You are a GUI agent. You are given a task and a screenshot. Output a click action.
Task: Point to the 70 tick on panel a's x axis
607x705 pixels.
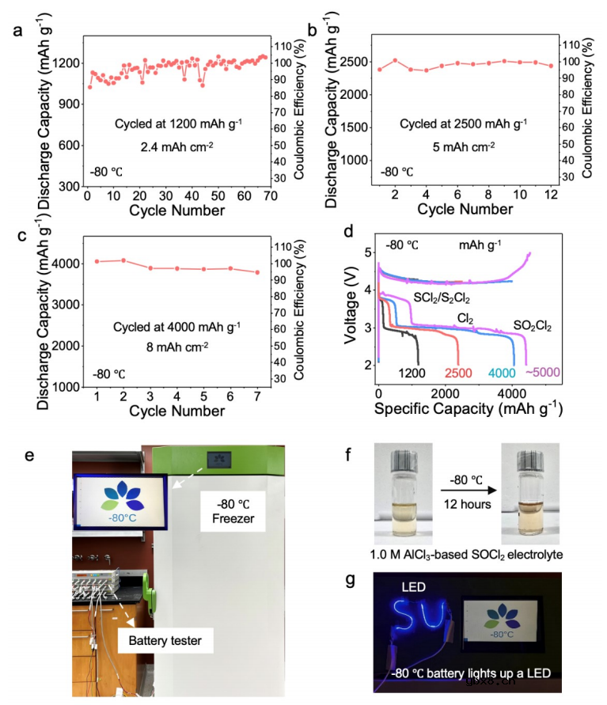point(270,195)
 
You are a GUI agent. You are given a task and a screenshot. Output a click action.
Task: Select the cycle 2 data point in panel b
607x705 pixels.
point(395,60)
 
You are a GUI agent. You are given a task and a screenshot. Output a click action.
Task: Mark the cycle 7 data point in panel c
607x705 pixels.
point(256,272)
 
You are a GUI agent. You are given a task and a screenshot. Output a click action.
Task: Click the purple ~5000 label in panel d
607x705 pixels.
point(541,373)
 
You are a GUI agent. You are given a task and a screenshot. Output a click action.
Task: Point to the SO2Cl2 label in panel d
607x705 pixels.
point(533,324)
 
